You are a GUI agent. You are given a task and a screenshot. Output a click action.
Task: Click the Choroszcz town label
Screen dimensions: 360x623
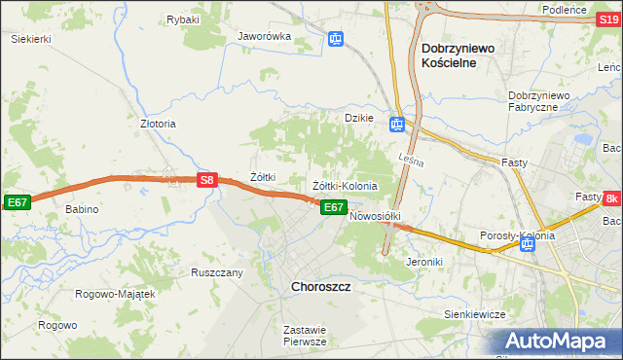pos(321,287)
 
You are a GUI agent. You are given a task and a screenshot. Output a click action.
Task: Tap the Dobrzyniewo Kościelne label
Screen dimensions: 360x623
pos(462,54)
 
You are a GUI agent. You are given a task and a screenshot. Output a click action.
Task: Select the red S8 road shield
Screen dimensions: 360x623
pos(205,180)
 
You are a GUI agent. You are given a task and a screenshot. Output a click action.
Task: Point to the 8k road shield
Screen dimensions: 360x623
pos(611,199)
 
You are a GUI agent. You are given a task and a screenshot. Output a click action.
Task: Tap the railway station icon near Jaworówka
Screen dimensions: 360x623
pos(336,39)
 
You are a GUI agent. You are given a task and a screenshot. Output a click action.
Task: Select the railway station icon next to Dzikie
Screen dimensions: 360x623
pos(397,125)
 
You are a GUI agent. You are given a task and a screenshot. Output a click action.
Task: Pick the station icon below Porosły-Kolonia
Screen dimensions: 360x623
pos(527,244)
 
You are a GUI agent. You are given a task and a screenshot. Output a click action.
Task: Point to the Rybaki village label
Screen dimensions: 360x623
pos(183,19)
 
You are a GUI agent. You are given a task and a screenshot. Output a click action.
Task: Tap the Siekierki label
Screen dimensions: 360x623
pos(30,39)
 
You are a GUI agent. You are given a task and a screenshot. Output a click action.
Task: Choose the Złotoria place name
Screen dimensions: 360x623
pos(158,125)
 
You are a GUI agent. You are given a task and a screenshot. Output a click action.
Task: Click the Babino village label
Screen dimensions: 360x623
pos(83,209)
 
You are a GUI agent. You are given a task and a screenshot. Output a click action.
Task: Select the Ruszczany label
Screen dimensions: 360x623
pos(217,272)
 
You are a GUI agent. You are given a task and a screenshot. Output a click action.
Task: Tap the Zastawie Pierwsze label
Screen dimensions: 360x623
pos(304,336)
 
